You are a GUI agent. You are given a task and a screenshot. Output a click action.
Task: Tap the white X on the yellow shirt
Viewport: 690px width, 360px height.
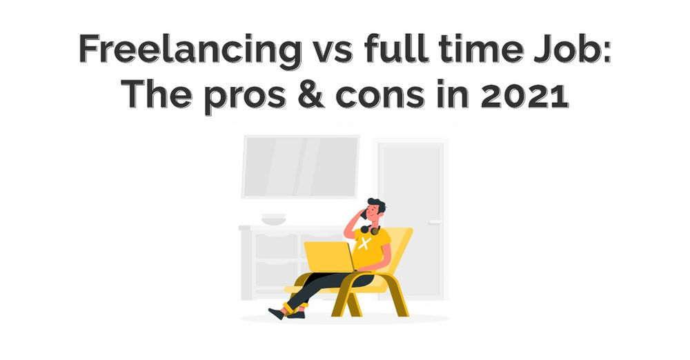pos(365,243)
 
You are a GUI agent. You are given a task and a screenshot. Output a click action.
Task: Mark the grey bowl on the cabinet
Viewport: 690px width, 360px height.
pos(273,219)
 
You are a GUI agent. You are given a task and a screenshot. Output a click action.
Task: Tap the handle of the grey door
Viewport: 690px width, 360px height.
pos(435,221)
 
